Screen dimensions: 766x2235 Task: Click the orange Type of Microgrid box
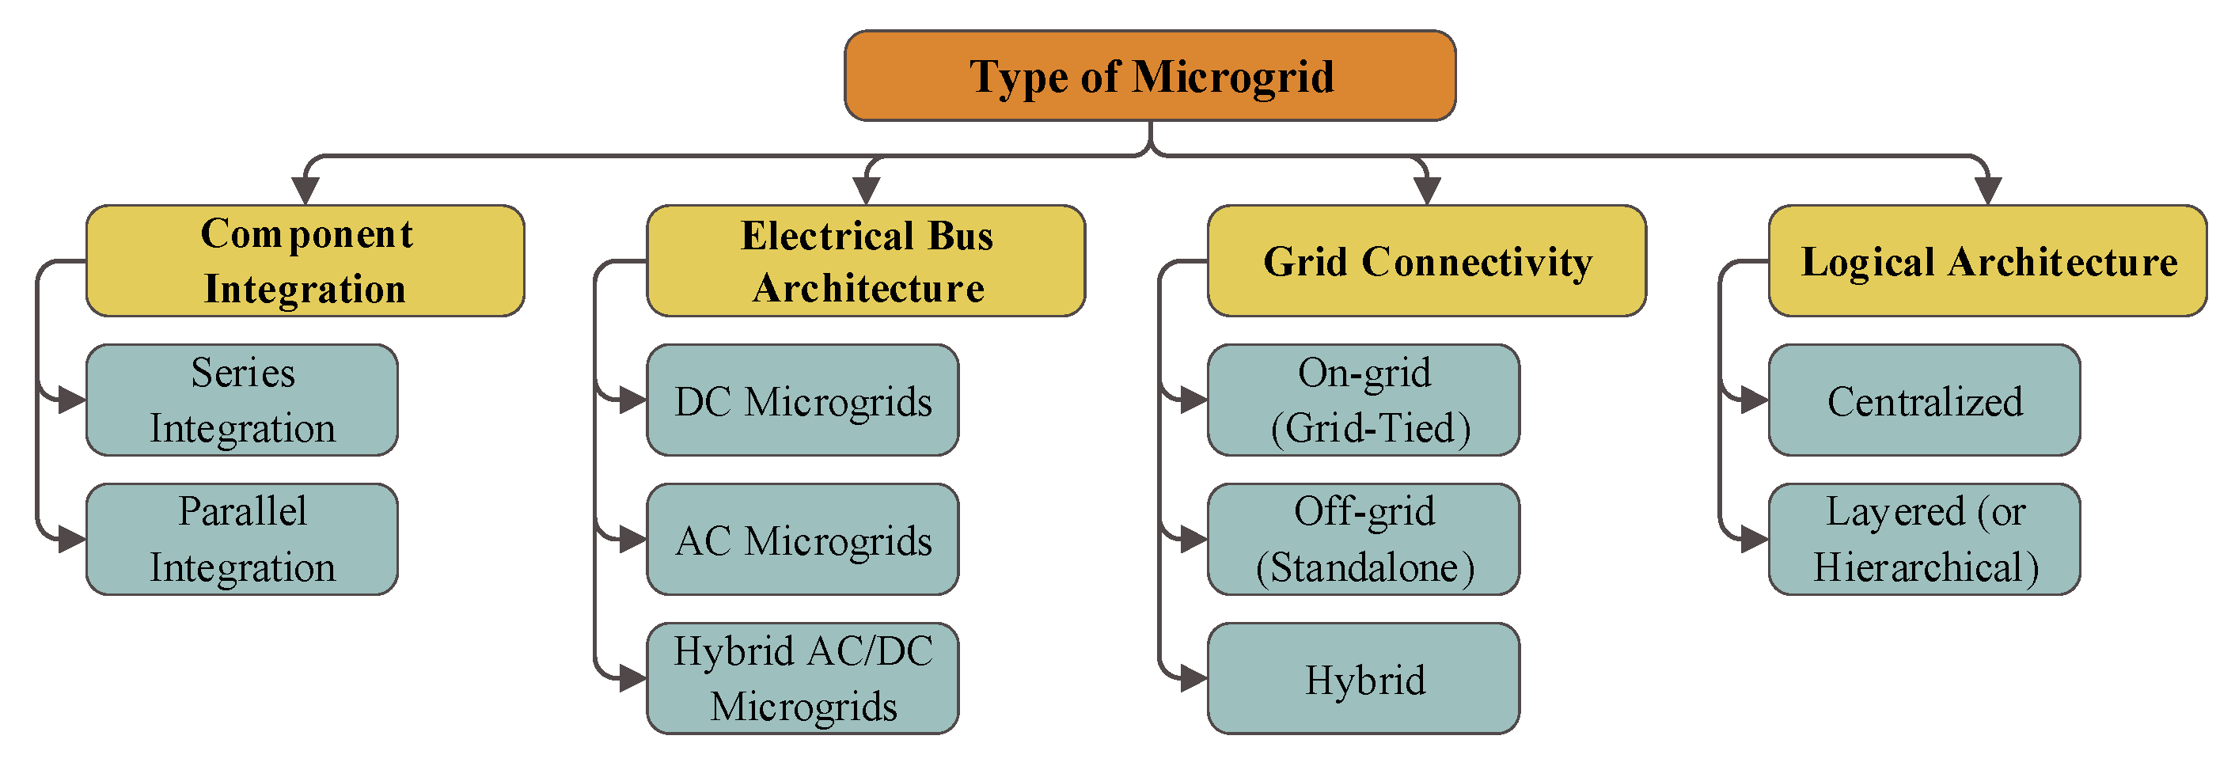point(1150,75)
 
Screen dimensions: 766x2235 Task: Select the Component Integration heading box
point(305,260)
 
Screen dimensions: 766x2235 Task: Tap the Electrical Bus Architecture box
point(865,260)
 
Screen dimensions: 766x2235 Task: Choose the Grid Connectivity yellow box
point(1426,260)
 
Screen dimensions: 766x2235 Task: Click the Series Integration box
point(242,400)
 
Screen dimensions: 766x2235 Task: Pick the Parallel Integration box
point(242,539)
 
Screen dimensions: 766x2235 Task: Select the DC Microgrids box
point(803,400)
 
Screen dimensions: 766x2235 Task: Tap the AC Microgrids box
point(803,539)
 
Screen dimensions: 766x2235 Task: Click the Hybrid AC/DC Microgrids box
point(803,677)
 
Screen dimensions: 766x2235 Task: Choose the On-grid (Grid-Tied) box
point(1363,400)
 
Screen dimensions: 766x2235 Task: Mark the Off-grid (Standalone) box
point(1363,539)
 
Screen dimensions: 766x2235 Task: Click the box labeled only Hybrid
point(1363,677)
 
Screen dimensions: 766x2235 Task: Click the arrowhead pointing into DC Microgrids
point(632,400)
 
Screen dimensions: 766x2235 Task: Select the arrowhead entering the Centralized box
point(1755,400)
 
